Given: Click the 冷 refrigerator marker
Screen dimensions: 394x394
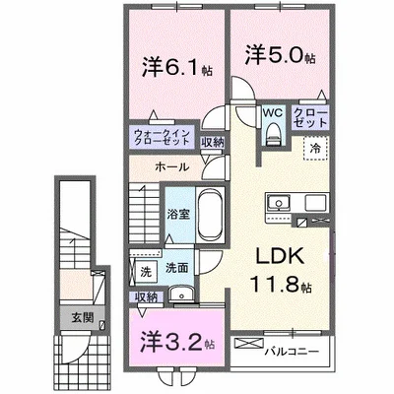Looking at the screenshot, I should click(315, 150).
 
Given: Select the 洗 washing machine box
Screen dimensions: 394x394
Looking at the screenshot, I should click(146, 271).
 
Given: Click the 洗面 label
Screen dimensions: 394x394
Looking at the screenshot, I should click(176, 266).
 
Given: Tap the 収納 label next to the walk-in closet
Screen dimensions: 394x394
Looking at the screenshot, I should click(212, 142).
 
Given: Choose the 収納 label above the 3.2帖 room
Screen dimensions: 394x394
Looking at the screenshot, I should click(145, 296).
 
